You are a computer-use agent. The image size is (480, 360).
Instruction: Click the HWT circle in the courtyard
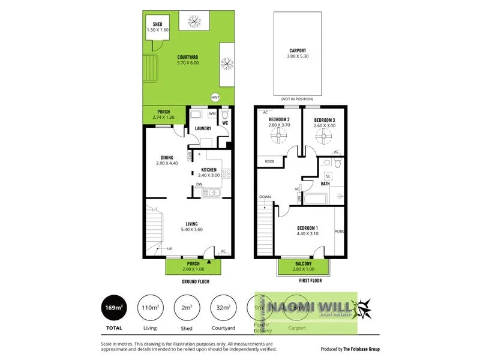[x=215, y=97]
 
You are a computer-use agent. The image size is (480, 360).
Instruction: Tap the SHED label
[x=157, y=25]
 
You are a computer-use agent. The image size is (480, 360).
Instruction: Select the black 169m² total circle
[x=114, y=308]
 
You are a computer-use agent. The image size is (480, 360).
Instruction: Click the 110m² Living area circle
[x=150, y=308]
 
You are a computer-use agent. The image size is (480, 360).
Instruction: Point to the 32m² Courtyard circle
[x=223, y=308]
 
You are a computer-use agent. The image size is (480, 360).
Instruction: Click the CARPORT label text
[x=298, y=51]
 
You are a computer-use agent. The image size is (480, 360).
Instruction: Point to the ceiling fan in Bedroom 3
[x=324, y=137]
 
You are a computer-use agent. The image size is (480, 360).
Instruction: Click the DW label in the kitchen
[x=199, y=184]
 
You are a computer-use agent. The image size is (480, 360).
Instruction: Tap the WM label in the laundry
[x=212, y=113]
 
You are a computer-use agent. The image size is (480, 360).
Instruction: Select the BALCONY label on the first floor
[x=304, y=263]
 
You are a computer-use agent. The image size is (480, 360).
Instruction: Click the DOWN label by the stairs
[x=265, y=197]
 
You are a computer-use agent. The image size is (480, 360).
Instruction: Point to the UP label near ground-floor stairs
[x=169, y=248]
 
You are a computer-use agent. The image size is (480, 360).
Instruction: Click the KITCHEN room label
[x=209, y=170]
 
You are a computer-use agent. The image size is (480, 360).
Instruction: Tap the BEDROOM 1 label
[x=308, y=228]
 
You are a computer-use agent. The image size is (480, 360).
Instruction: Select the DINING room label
[x=166, y=158]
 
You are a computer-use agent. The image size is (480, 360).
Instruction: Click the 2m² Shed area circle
[x=187, y=308]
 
